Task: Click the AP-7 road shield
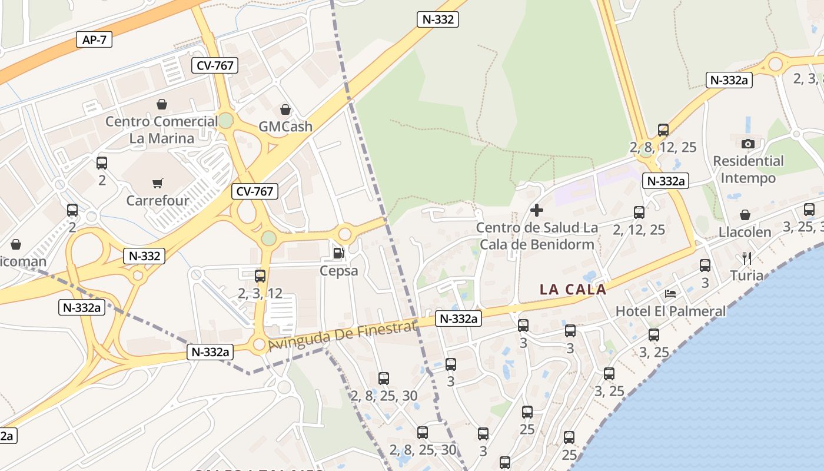tap(94, 40)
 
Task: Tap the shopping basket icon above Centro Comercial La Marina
tap(162, 104)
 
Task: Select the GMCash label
tap(285, 127)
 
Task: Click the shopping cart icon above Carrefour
tap(157, 184)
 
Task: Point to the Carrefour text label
tap(158, 200)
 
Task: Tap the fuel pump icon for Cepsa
tap(338, 253)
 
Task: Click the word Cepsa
tap(338, 270)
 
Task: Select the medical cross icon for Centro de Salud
tap(537, 210)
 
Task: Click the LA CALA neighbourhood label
tap(573, 289)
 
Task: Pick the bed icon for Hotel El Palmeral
tap(670, 293)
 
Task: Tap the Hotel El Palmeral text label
tap(670, 311)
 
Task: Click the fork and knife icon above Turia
tap(747, 258)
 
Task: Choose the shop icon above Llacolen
tap(745, 215)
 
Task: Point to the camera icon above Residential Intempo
tap(748, 144)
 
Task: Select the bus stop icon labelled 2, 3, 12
tap(260, 276)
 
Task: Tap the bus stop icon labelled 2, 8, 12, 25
tap(663, 130)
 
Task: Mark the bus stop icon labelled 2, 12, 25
tap(639, 212)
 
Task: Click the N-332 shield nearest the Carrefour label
tap(144, 256)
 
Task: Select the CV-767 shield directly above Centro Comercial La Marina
tap(215, 65)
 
